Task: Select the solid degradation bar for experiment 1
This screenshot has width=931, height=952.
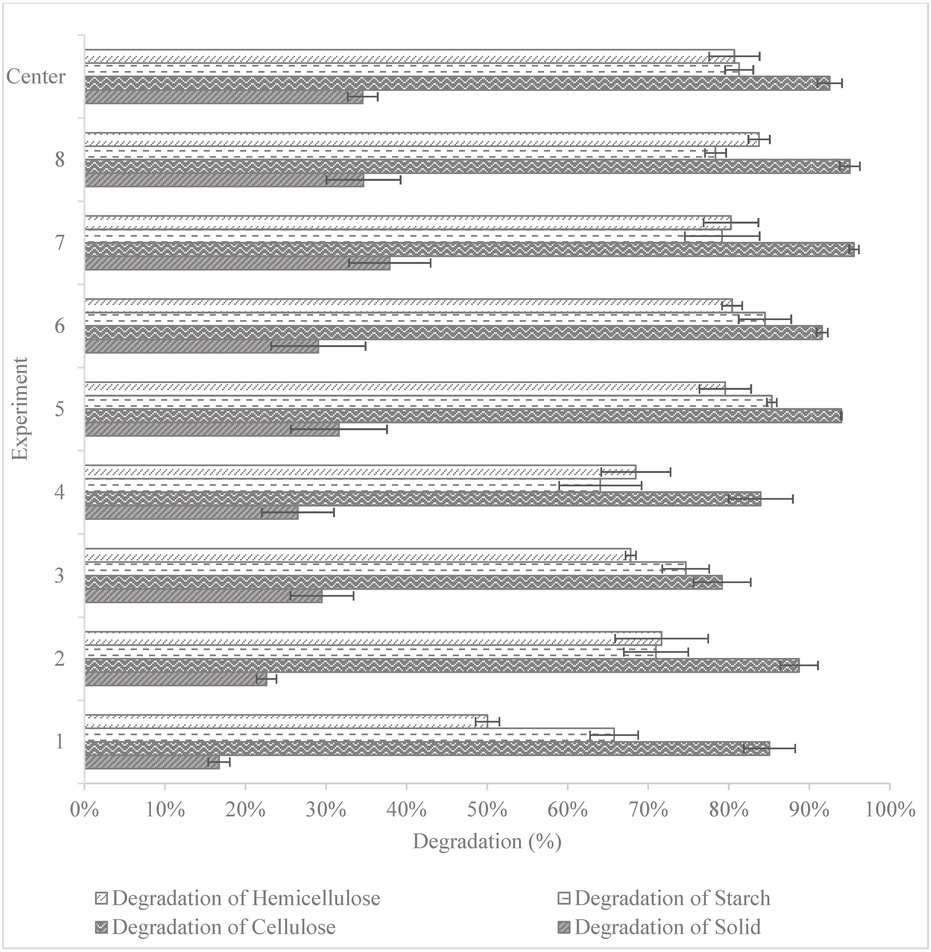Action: (x=152, y=762)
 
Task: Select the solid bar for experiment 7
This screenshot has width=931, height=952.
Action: (x=237, y=263)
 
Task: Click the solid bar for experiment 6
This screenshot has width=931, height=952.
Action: (x=202, y=346)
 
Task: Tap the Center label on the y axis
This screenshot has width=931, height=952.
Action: (x=36, y=77)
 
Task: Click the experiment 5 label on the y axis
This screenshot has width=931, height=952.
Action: (x=59, y=409)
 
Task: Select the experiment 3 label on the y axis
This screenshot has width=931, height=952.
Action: (x=59, y=576)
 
